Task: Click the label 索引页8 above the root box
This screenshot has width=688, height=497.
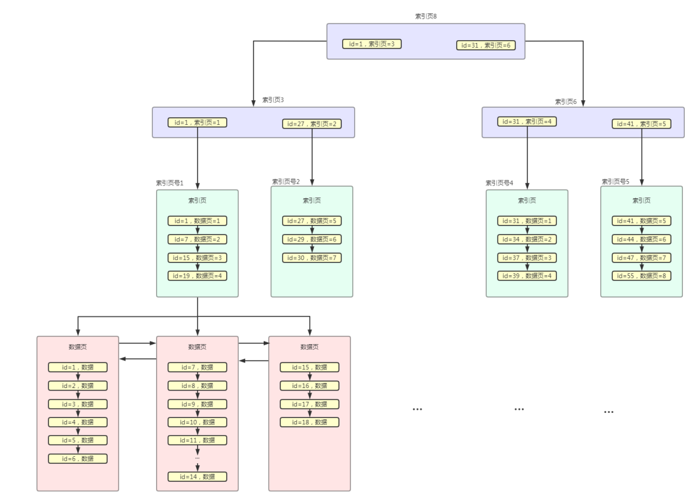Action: [x=426, y=16]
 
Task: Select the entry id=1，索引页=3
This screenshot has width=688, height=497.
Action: [x=372, y=44]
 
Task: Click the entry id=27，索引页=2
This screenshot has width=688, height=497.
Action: [x=312, y=124]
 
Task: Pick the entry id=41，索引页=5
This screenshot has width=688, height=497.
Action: [x=641, y=124]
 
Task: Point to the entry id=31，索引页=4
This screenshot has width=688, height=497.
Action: [x=527, y=122]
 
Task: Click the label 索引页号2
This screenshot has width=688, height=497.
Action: [x=285, y=182]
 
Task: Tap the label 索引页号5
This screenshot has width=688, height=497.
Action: [x=615, y=182]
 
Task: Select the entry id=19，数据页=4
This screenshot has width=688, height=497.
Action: [x=197, y=276]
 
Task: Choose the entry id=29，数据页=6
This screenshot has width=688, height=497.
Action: [x=312, y=240]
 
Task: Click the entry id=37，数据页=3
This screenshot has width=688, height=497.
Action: [x=527, y=258]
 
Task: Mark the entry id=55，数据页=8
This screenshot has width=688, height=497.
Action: [x=641, y=276]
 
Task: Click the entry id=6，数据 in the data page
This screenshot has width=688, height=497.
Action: [x=78, y=459]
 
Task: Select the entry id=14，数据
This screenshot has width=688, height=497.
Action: [x=197, y=477]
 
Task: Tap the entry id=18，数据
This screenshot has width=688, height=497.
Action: [x=310, y=422]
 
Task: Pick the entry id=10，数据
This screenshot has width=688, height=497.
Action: [x=197, y=422]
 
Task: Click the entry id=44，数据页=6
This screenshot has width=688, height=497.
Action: [x=641, y=240]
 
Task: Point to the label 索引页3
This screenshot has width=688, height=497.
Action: [x=273, y=100]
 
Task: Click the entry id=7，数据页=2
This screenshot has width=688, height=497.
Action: [x=197, y=240]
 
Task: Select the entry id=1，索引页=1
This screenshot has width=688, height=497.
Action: [x=197, y=122]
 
